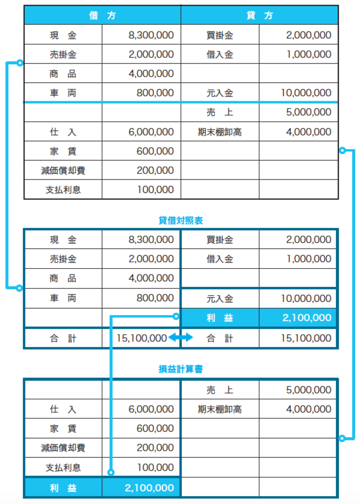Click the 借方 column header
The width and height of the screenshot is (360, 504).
pos(102,16)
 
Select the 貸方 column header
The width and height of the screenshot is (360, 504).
pos(259,16)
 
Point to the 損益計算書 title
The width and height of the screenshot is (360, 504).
pos(180,370)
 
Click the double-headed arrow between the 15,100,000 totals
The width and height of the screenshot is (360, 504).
pos(181,338)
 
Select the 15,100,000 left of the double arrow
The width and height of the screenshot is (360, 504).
pos(142,338)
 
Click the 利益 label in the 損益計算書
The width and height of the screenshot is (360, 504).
pos(62,487)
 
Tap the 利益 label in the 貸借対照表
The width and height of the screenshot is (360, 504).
pos(219,318)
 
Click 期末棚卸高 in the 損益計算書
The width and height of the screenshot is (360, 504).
pos(219,409)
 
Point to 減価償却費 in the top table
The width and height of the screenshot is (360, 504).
pos(62,170)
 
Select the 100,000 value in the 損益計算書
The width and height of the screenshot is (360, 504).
pos(155,467)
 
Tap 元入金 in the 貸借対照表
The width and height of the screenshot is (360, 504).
pos(219,299)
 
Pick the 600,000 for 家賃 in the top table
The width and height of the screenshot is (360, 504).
pos(155,151)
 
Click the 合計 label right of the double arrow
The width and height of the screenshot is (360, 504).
pos(219,338)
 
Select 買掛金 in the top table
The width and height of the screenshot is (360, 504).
pos(219,35)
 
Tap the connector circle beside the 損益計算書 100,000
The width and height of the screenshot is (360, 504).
pos(111,473)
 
